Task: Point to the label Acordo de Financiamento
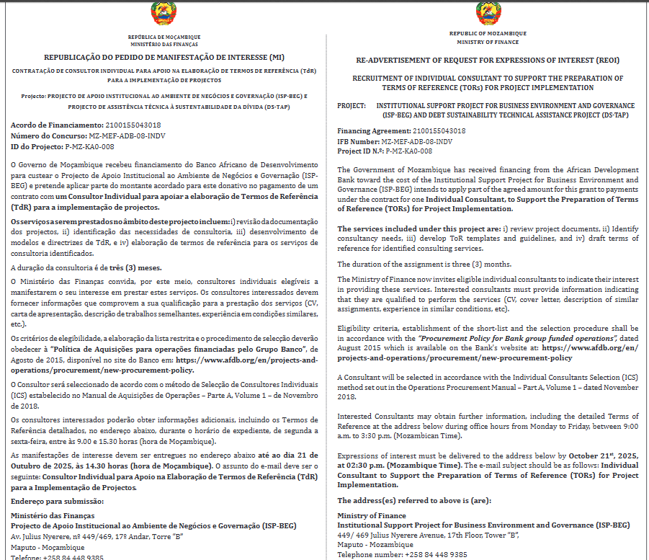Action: point(52,125)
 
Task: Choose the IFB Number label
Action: point(358,141)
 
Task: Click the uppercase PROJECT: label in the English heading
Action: point(352,105)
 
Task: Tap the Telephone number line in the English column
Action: point(402,555)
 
